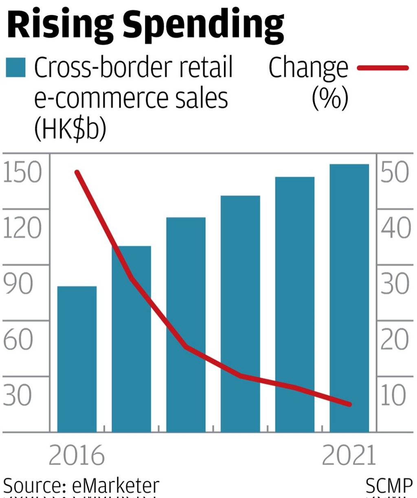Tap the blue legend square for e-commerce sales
coord(15,67)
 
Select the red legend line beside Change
coord(382,68)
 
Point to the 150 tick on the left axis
coord(22,172)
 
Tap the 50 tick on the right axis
coord(394,172)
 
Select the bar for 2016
coord(77,359)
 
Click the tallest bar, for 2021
coord(349,298)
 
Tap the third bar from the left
coord(186,324)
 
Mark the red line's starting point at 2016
coord(77,173)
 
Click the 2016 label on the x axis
coord(77,456)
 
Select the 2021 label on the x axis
coord(349,456)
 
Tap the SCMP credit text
coord(389,486)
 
